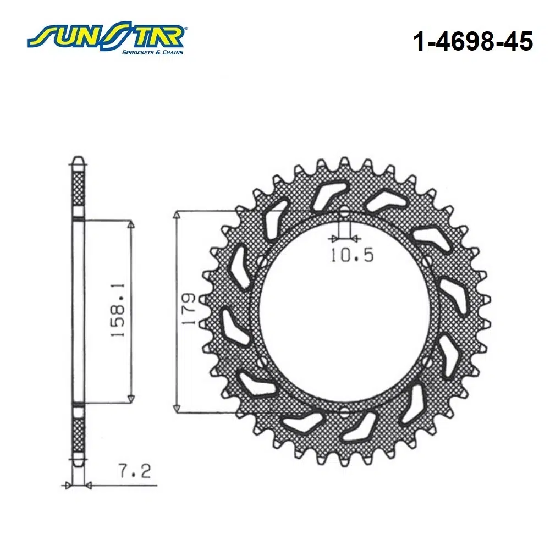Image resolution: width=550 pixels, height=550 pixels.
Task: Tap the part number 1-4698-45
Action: coord(472,42)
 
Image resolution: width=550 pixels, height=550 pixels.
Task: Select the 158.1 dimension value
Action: coord(119,311)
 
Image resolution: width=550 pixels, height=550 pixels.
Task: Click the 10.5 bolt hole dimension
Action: coord(352,255)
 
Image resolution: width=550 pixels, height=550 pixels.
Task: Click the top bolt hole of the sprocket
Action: coord(344,212)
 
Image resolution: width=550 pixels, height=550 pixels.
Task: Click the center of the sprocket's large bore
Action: coord(344,311)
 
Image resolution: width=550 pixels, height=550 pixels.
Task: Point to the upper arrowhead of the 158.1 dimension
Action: coord(131,225)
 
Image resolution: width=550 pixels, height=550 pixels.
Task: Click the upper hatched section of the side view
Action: coord(79,190)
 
